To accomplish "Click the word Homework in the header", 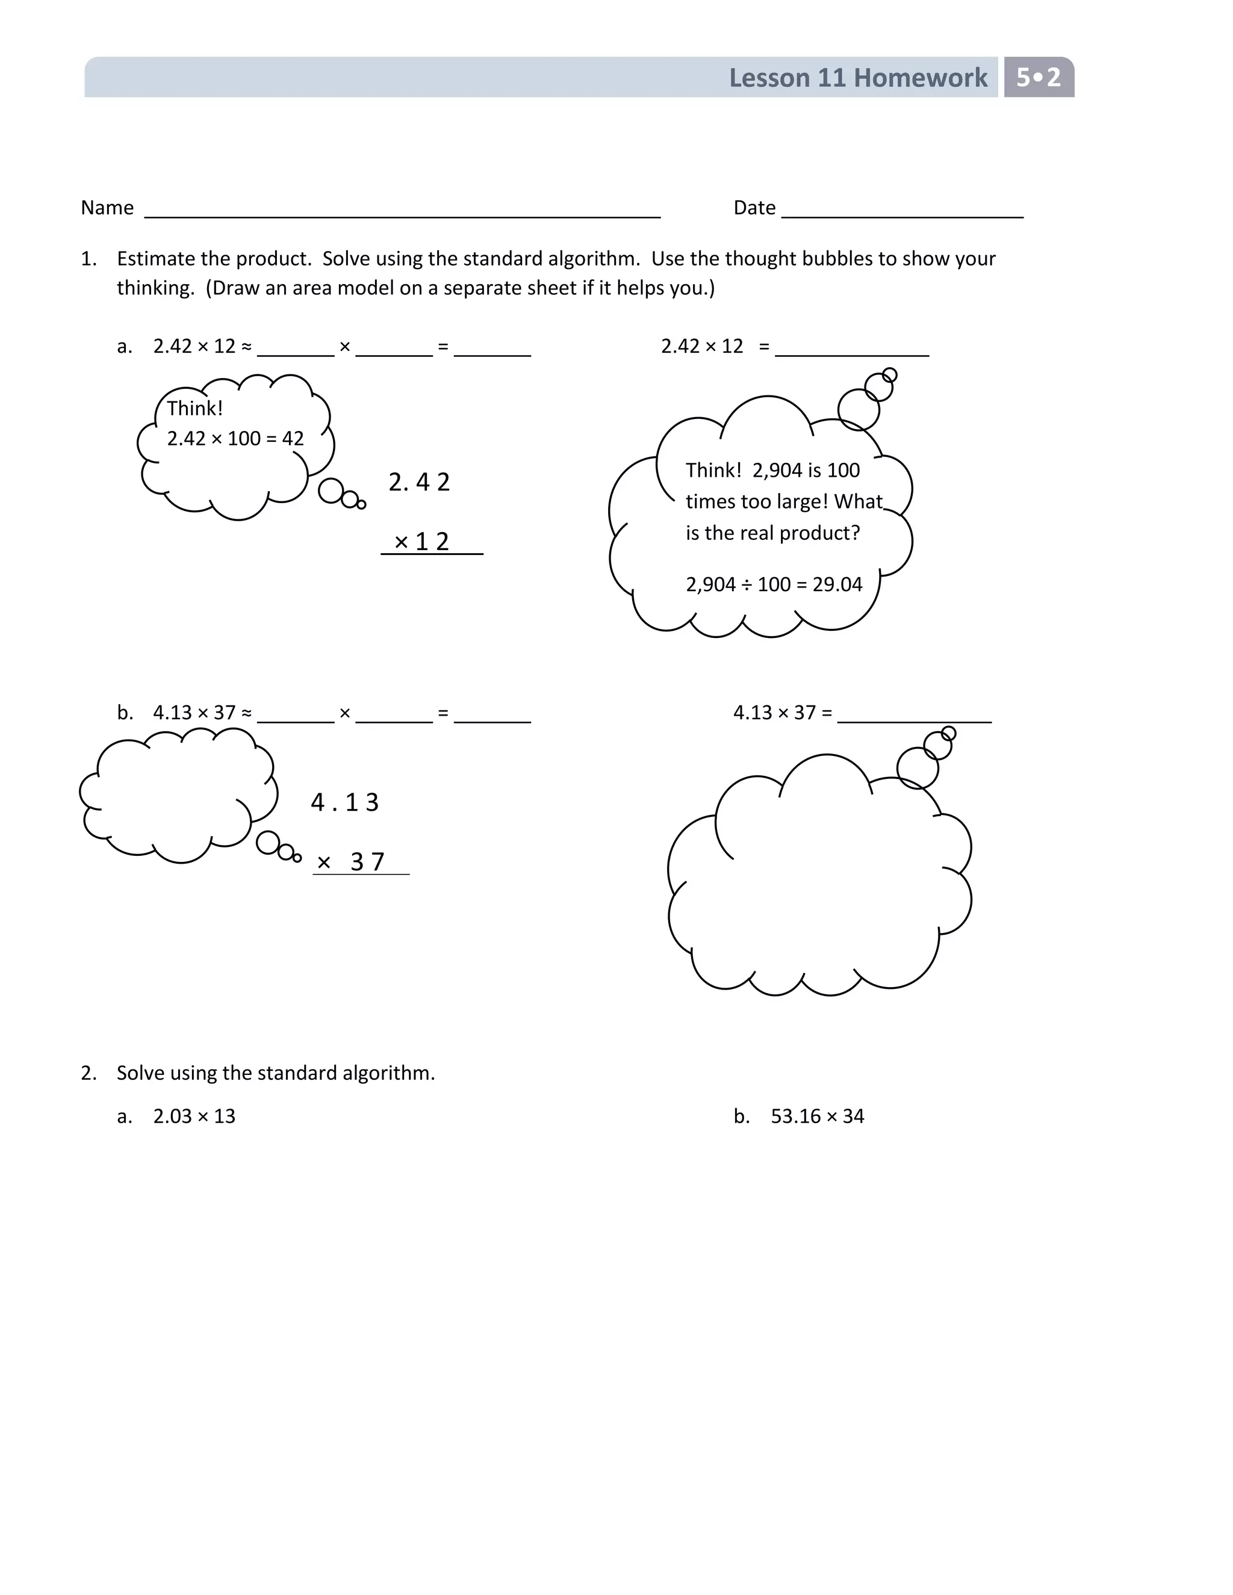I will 921,78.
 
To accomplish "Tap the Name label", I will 107,208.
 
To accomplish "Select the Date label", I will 754,208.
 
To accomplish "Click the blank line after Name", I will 402,215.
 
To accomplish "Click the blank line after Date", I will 902,215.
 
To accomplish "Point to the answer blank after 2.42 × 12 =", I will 852,353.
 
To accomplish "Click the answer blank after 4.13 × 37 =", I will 914,719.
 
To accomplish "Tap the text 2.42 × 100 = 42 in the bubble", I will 235,439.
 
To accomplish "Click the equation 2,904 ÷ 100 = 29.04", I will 774,584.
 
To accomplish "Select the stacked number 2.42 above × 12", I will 419,482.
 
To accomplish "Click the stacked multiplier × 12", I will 421,541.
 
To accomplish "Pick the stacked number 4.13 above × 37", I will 345,802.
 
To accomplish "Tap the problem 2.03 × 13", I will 194,1116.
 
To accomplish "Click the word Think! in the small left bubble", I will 195,408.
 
